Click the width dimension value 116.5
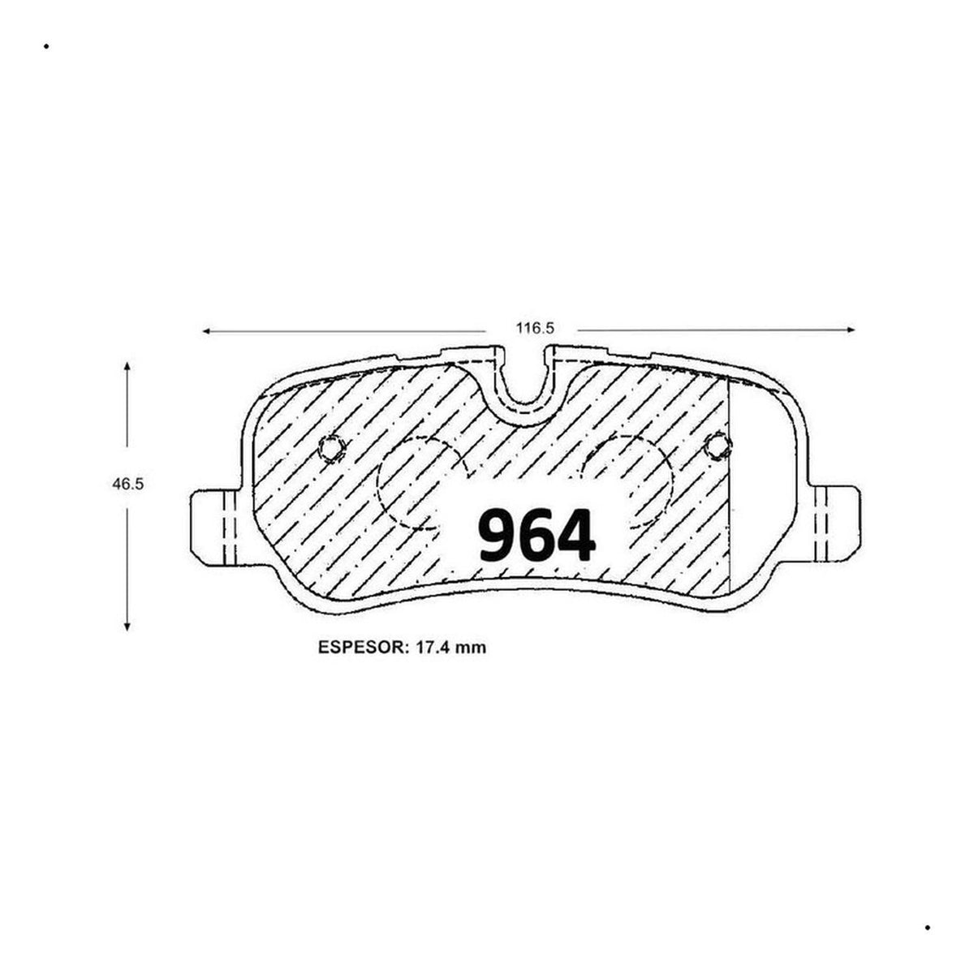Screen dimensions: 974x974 tap(534, 329)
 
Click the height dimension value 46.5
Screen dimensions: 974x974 tap(128, 484)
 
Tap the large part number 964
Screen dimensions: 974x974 tap(537, 535)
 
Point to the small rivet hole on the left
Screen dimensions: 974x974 tap(332, 448)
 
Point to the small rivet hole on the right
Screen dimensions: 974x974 tap(718, 446)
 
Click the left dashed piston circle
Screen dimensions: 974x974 tap(378, 483)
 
